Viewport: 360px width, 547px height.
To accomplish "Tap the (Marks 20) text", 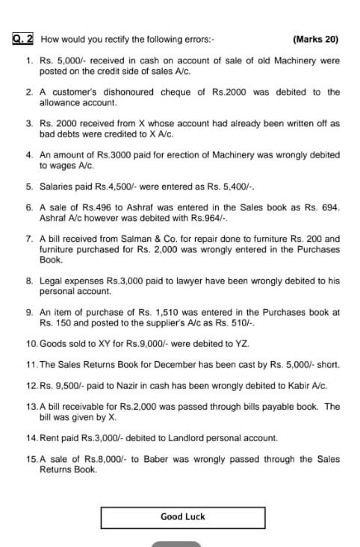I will point(316,38).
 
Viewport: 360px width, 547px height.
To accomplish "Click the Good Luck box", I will point(182,516).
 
